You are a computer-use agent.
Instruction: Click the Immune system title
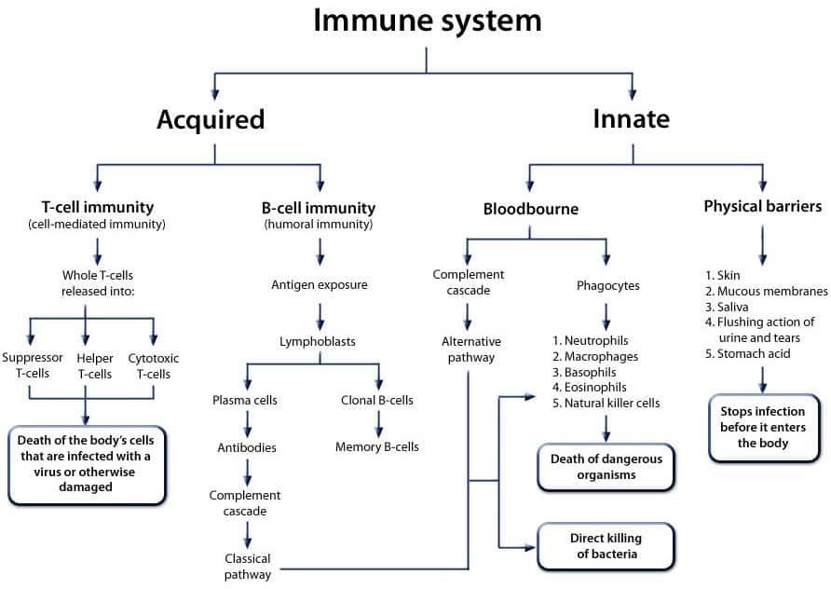(x=428, y=21)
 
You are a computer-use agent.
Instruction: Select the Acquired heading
(x=211, y=119)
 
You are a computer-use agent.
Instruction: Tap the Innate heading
(x=632, y=118)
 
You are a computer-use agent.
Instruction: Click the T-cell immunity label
(x=98, y=207)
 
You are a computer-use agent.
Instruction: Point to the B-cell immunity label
(x=319, y=208)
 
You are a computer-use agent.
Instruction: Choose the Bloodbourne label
(x=530, y=209)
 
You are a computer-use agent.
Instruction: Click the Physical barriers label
(x=763, y=206)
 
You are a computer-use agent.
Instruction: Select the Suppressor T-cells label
(x=33, y=365)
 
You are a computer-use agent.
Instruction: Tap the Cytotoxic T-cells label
(x=154, y=366)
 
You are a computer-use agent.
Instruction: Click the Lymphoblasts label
(x=318, y=341)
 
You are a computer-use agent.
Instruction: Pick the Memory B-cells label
(x=376, y=447)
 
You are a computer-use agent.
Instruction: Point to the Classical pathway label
(x=248, y=567)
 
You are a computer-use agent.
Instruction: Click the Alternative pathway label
(x=471, y=349)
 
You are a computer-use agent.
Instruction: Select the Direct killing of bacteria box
(x=606, y=546)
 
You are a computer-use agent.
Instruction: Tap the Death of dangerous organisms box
(x=606, y=467)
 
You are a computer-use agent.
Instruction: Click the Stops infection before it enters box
(x=763, y=427)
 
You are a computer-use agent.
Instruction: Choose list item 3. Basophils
(x=584, y=372)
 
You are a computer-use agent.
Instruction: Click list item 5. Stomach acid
(x=747, y=353)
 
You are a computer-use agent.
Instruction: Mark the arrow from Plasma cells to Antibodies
(x=247, y=424)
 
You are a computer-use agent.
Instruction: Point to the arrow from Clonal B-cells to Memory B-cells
(x=378, y=424)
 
